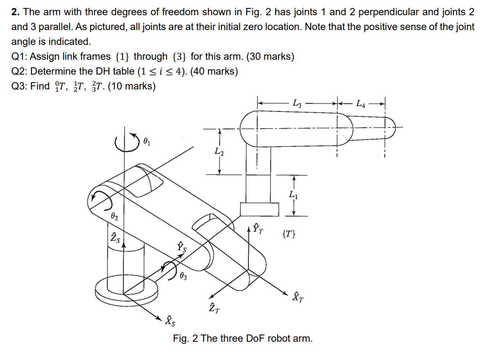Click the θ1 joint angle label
[147, 142]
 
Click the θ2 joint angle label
[114, 217]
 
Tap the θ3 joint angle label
[183, 276]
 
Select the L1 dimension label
[293, 195]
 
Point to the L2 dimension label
[219, 152]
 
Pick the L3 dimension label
[297, 103]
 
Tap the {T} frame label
[289, 234]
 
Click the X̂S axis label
[170, 321]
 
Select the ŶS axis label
[182, 247]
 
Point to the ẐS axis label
[115, 237]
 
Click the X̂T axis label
[297, 297]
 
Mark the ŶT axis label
[258, 228]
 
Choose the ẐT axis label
[214, 307]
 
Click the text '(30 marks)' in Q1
[270, 57]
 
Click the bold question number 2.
[15, 12]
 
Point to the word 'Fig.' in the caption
[181, 338]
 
